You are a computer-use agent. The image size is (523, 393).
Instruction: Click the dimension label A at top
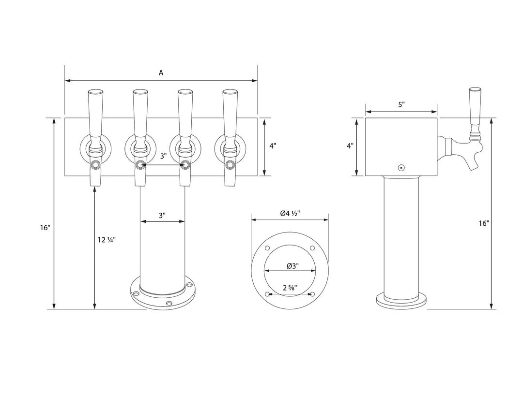pos(161,73)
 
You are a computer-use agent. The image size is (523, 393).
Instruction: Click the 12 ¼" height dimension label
pos(107,239)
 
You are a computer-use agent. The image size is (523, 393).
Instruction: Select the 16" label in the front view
pos(45,227)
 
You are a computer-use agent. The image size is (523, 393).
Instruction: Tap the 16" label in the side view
pos(483,223)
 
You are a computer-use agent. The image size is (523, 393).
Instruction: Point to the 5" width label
pos(401,104)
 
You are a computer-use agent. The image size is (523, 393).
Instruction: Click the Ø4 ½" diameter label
pos(290,213)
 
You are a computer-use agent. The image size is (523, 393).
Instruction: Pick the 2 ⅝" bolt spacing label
pos(290,288)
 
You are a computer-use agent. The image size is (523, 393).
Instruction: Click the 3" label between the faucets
pos(163,156)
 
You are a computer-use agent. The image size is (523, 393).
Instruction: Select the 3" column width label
pos(162,215)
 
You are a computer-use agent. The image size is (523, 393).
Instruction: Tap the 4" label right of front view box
pos(273,146)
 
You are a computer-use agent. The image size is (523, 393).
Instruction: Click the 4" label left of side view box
pos(350,146)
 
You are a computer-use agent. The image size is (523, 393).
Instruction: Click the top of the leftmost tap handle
pos(94,92)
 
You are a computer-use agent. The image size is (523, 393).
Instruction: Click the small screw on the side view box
pos(400,168)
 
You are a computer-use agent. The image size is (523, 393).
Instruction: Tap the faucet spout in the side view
pos(474,162)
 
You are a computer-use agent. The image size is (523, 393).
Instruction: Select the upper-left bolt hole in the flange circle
pos(267,248)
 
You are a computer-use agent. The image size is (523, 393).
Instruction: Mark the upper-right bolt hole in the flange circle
pos(312,248)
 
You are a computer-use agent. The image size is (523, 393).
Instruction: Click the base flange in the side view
pos(401,301)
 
